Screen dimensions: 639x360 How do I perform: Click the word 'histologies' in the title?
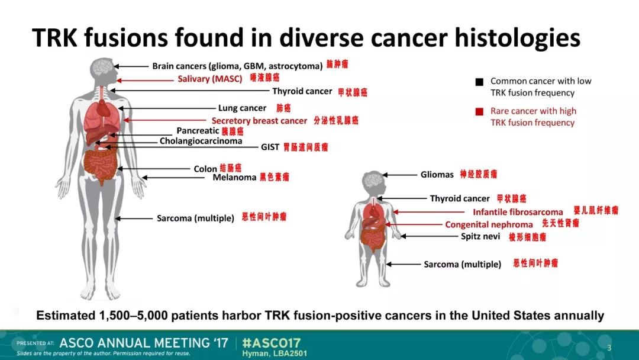click(517, 38)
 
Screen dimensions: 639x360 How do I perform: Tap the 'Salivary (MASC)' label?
click(210, 79)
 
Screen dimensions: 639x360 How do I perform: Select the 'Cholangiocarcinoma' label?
click(201, 141)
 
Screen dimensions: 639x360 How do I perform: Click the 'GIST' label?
click(270, 147)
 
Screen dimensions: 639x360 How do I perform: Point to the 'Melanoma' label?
click(234, 177)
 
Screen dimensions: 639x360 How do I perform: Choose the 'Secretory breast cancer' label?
click(259, 121)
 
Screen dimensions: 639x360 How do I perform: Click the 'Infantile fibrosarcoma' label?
click(518, 212)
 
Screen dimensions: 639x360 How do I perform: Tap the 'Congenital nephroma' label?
click(489, 224)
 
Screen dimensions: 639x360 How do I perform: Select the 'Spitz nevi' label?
click(480, 236)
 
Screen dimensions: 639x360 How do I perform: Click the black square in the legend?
click(479, 82)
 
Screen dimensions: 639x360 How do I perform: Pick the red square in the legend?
click(479, 112)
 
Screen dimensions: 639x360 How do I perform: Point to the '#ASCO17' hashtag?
click(271, 343)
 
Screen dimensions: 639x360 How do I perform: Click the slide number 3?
click(609, 348)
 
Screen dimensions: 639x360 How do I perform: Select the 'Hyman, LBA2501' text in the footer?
click(275, 353)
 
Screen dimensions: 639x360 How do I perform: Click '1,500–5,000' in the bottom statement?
click(133, 316)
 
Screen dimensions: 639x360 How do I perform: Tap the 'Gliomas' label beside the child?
click(437, 175)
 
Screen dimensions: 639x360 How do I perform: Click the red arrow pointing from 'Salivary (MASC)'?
click(145, 81)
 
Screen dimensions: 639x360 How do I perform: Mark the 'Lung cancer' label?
click(242, 108)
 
